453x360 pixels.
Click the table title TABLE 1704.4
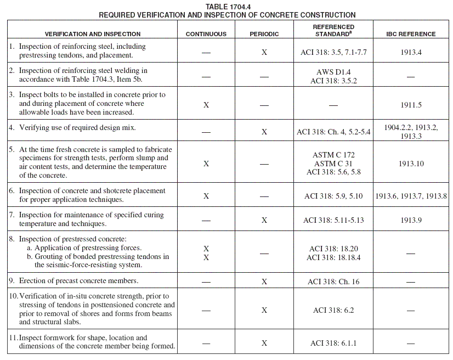point(226,6)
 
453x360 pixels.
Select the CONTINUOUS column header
point(206,34)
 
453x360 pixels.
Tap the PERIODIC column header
point(264,34)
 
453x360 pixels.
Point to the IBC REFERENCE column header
point(411,34)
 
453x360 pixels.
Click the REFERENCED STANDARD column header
point(333,30)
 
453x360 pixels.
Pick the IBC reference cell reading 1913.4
point(411,53)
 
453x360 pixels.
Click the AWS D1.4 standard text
point(333,72)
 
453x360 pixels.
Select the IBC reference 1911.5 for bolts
point(411,104)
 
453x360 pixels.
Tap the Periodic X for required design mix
point(264,132)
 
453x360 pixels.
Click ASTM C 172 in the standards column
point(333,155)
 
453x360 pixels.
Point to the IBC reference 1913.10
point(411,164)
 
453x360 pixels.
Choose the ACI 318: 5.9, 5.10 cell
point(333,196)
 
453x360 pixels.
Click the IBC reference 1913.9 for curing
point(411,220)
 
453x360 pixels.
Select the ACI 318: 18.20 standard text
point(333,249)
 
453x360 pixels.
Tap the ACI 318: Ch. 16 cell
point(333,282)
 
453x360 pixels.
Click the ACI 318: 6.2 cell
point(333,310)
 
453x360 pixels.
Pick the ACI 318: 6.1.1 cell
point(333,343)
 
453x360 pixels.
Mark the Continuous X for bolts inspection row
point(206,104)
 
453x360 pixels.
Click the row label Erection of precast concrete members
point(78,281)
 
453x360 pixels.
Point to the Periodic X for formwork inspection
point(264,343)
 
